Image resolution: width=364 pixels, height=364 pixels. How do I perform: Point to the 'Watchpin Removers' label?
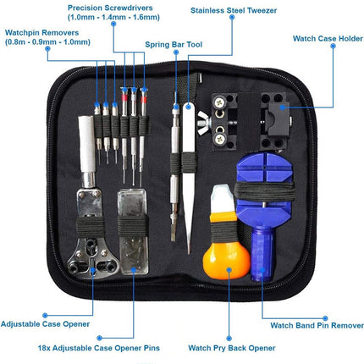tap(35, 34)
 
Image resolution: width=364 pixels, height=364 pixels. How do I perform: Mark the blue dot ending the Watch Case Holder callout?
tap(285, 106)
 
